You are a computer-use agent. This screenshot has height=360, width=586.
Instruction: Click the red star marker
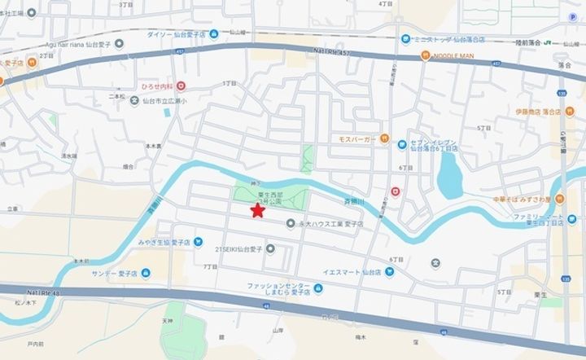pyautogui.click(x=257, y=211)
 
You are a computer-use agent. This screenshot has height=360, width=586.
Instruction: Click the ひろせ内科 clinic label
pyautogui.click(x=160, y=85)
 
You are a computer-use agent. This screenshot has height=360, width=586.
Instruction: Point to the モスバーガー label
pyautogui.click(x=357, y=138)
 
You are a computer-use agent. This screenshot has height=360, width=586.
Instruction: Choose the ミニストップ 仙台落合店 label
pyautogui.click(x=447, y=38)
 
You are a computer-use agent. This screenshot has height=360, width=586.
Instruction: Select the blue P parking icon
pyautogui.click(x=571, y=17)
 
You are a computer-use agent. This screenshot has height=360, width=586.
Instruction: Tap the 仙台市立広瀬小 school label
pyautogui.click(x=163, y=101)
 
